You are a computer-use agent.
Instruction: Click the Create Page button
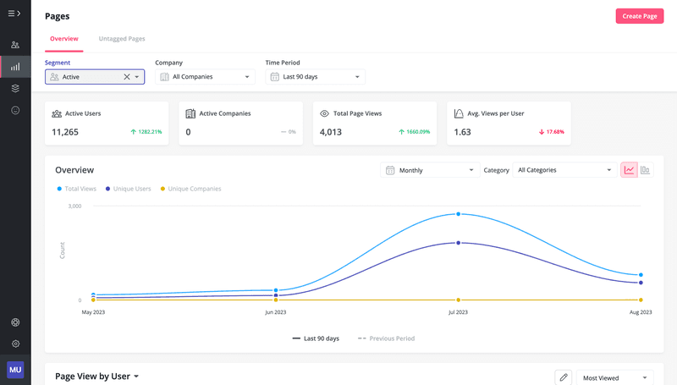[x=639, y=16]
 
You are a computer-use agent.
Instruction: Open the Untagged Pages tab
[x=122, y=39]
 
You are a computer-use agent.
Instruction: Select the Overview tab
[x=63, y=39]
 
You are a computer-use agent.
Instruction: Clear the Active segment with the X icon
[x=127, y=77]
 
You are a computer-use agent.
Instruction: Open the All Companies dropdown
[x=206, y=77]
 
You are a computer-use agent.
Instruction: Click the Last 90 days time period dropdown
[x=316, y=77]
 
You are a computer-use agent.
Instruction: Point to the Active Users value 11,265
[x=65, y=132]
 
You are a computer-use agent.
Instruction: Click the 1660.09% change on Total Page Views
[x=414, y=132]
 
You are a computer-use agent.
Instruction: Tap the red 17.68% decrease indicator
[x=551, y=132]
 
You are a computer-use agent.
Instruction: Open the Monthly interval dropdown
[x=430, y=170]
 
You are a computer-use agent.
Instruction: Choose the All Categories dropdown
[x=564, y=170]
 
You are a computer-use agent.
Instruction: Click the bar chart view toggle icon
[x=645, y=170]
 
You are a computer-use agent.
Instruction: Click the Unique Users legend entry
[x=129, y=189]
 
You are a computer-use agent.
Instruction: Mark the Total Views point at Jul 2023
[x=458, y=214]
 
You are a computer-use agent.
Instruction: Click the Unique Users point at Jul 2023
[x=458, y=243]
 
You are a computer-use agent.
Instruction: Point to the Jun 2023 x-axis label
[x=276, y=312]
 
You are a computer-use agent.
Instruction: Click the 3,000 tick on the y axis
[x=74, y=206]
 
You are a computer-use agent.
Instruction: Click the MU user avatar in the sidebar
[x=15, y=370]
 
